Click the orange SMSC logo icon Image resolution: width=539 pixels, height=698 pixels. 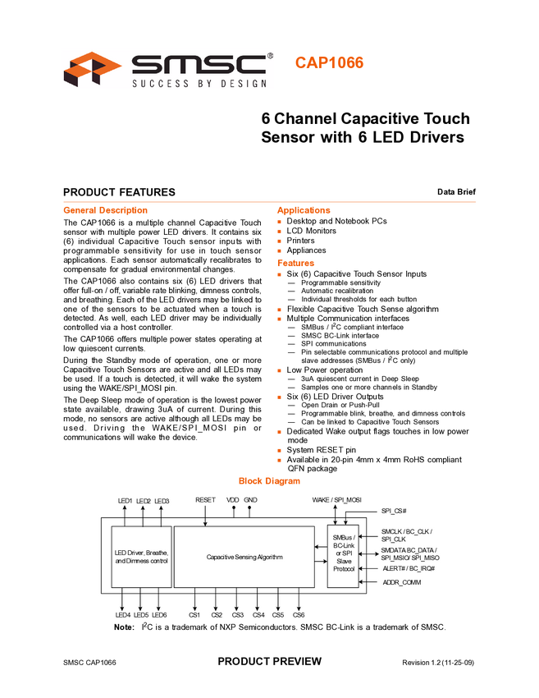92,68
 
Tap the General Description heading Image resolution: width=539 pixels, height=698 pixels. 106,209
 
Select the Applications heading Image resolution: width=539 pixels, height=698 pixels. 304,209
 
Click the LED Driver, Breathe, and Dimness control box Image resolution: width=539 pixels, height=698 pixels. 141,556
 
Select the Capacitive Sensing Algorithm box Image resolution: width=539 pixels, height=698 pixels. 244,557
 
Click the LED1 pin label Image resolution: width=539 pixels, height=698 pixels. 125,500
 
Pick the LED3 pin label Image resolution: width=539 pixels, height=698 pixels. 162,500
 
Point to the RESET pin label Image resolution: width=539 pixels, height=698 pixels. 205,499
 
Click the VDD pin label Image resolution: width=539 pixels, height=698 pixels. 233,499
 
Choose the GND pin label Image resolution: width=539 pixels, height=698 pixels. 250,499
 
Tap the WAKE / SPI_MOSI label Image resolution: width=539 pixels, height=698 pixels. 337,499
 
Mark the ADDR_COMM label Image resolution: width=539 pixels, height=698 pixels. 402,582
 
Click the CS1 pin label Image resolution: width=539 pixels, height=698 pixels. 194,614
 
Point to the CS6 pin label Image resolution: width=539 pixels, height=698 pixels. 299,614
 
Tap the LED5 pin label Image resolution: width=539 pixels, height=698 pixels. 141,614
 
